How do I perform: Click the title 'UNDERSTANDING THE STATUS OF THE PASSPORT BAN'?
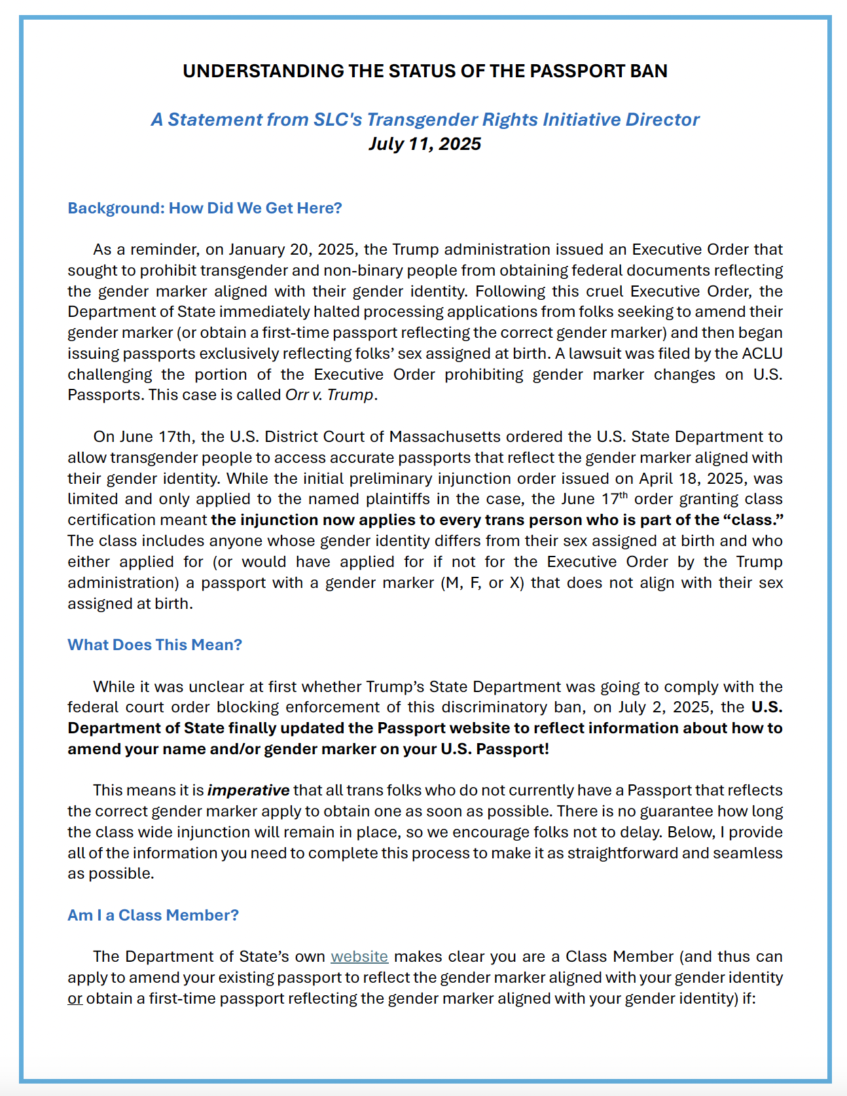tap(425, 71)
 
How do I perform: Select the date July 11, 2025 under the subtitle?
tap(425, 144)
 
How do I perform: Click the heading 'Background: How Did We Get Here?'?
tap(205, 208)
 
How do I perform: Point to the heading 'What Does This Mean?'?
tap(155, 645)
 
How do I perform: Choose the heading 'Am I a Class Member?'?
tap(153, 915)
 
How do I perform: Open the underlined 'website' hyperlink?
tap(359, 957)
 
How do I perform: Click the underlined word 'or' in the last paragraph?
tap(75, 998)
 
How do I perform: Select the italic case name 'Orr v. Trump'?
tap(330, 395)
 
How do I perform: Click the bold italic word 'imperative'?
tap(248, 790)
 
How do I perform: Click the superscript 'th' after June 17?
tap(624, 495)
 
